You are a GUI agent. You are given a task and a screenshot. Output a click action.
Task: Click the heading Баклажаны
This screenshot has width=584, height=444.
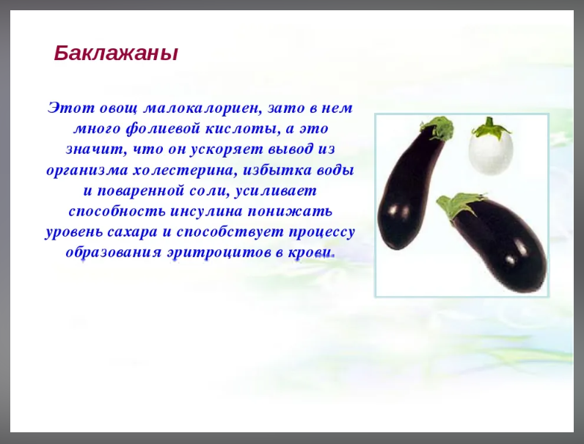tap(116, 53)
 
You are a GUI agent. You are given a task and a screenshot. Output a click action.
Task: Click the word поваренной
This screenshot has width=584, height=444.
tap(139, 190)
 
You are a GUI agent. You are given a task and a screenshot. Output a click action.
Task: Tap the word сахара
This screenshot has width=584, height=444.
tap(132, 232)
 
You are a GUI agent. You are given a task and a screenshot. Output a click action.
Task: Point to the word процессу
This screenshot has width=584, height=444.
tap(321, 232)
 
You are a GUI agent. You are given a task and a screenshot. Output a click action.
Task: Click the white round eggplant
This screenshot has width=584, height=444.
tap(491, 154)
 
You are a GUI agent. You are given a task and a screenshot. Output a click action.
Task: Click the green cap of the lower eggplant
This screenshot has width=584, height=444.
tap(456, 204)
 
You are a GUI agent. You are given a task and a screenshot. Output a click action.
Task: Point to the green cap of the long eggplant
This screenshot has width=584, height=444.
tap(439, 128)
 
